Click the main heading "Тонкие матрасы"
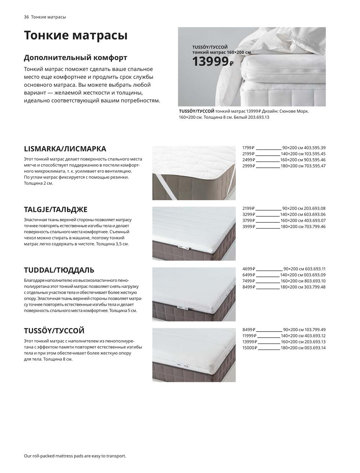[x=76, y=36]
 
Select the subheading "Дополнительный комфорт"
[x=75, y=58]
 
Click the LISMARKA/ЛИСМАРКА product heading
[x=65, y=149]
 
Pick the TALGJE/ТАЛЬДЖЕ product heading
[x=55, y=210]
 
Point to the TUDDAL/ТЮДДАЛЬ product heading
[x=59, y=270]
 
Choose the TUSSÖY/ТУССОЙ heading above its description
[x=54, y=330]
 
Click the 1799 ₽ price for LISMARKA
[x=248, y=148]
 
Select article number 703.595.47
[x=315, y=166]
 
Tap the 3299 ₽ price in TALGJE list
[x=248, y=215]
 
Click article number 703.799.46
[x=315, y=226]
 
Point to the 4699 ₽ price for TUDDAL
[x=248, y=269]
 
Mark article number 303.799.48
[x=315, y=287]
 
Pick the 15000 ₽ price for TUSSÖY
[x=250, y=348]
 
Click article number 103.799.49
[x=315, y=329]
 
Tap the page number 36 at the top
[x=26, y=17]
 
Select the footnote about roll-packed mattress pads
[x=75, y=456]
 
